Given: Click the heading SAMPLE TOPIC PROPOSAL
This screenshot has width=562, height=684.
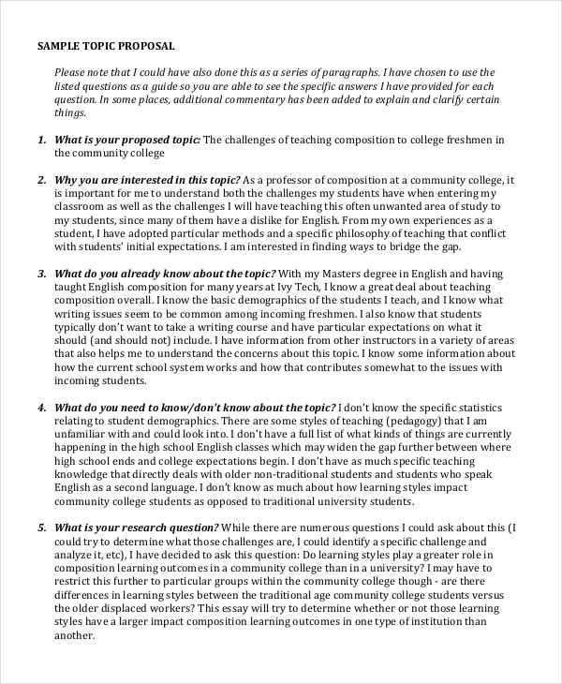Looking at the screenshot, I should pos(105,45).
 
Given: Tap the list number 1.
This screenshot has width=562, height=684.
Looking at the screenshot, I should pos(41,140).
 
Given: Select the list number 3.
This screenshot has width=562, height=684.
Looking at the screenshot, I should pos(41,274).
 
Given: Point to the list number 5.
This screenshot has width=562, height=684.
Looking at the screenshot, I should pos(41,528).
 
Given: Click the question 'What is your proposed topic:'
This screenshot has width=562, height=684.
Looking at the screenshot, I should pos(127,140).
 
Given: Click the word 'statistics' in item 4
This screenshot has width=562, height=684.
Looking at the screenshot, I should pos(474,408).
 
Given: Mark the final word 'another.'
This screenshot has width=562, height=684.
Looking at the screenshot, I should pos(75,634).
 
